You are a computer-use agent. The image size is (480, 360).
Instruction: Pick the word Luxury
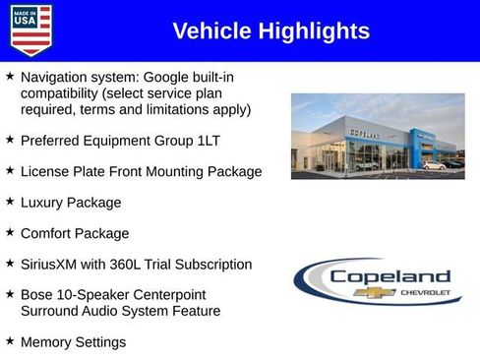point(44,203)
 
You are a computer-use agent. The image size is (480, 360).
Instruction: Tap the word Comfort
point(49,234)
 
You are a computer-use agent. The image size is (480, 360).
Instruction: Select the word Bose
point(37,295)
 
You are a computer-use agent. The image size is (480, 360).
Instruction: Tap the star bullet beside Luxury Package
point(10,201)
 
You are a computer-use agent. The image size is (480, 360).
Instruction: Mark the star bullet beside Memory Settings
point(10,340)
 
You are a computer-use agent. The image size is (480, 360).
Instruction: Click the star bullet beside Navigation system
point(10,75)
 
